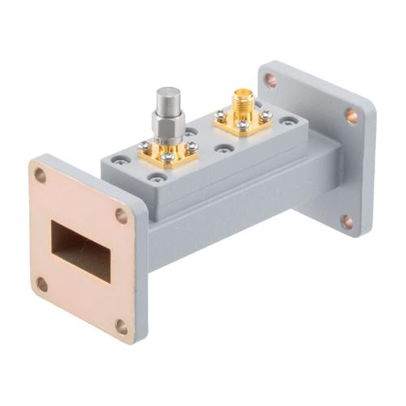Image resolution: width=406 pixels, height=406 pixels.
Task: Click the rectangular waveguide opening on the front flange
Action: click(80, 250)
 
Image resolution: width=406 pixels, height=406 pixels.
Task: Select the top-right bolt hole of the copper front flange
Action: click(121, 215)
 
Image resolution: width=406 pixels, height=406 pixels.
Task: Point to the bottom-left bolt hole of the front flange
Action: click(41, 284)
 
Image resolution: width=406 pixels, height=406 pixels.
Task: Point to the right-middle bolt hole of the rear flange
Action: click(351, 116)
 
